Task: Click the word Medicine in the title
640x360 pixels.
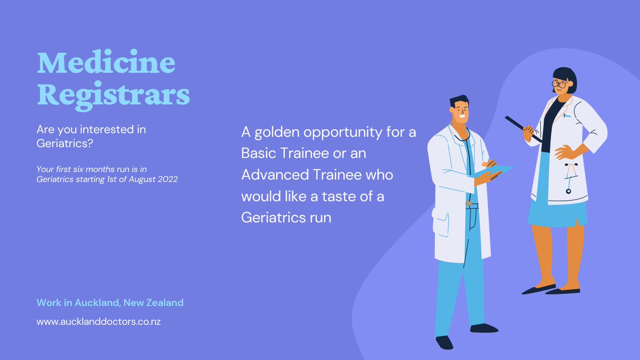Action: pyautogui.click(x=106, y=64)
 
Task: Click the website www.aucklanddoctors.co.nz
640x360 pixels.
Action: pyautogui.click(x=99, y=322)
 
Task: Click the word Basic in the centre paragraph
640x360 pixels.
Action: pyautogui.click(x=259, y=154)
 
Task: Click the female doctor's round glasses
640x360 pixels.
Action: pyautogui.click(x=559, y=84)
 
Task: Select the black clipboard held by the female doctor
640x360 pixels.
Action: pyautogui.click(x=523, y=128)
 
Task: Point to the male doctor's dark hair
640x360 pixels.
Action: pyautogui.click(x=460, y=101)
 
